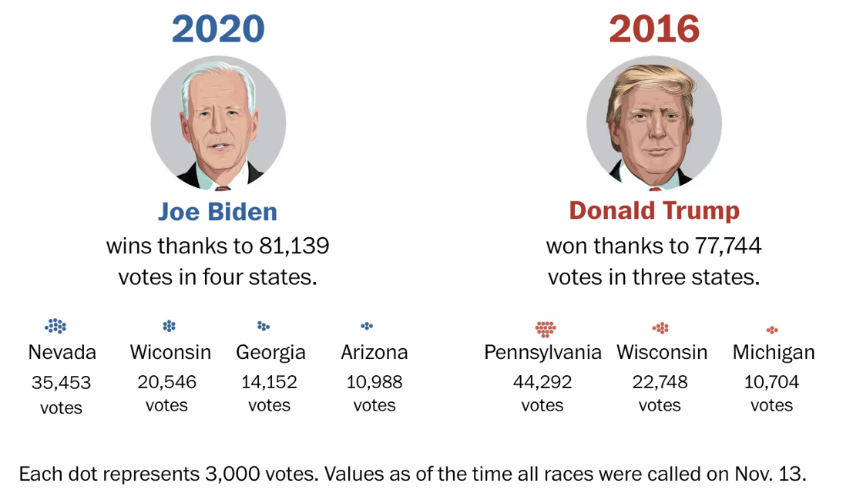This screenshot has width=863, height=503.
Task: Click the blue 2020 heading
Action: [218, 29]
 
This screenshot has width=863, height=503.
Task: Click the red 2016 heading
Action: [654, 29]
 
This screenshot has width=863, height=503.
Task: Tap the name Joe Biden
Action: [217, 211]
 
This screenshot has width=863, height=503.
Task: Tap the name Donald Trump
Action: [654, 211]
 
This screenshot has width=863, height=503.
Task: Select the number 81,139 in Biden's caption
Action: [293, 246]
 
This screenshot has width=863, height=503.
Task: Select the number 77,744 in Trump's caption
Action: [725, 246]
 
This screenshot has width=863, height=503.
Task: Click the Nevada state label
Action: [62, 353]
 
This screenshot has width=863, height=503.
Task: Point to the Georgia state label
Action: [270, 353]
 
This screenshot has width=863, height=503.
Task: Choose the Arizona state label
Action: [374, 353]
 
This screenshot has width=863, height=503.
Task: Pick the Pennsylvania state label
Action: [542, 353]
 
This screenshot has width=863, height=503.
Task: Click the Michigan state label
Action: [773, 353]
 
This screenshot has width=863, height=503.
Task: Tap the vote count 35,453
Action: [62, 382]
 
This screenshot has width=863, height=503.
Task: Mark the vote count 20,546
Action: [167, 382]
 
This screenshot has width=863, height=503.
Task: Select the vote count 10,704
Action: [771, 382]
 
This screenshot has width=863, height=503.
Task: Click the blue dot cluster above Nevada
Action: [55, 327]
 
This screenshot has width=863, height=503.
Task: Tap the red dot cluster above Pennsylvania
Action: [546, 328]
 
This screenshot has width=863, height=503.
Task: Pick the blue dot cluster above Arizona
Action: [367, 326]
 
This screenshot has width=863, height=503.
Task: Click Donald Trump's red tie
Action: [655, 187]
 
